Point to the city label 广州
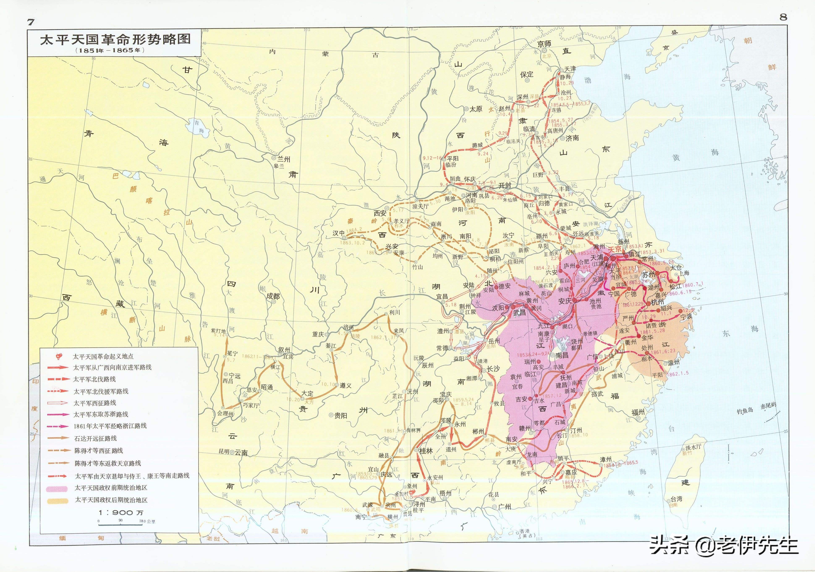[504, 507]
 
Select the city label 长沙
[493, 369]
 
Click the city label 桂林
[426, 451]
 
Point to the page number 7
[31, 22]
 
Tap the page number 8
[783, 17]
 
